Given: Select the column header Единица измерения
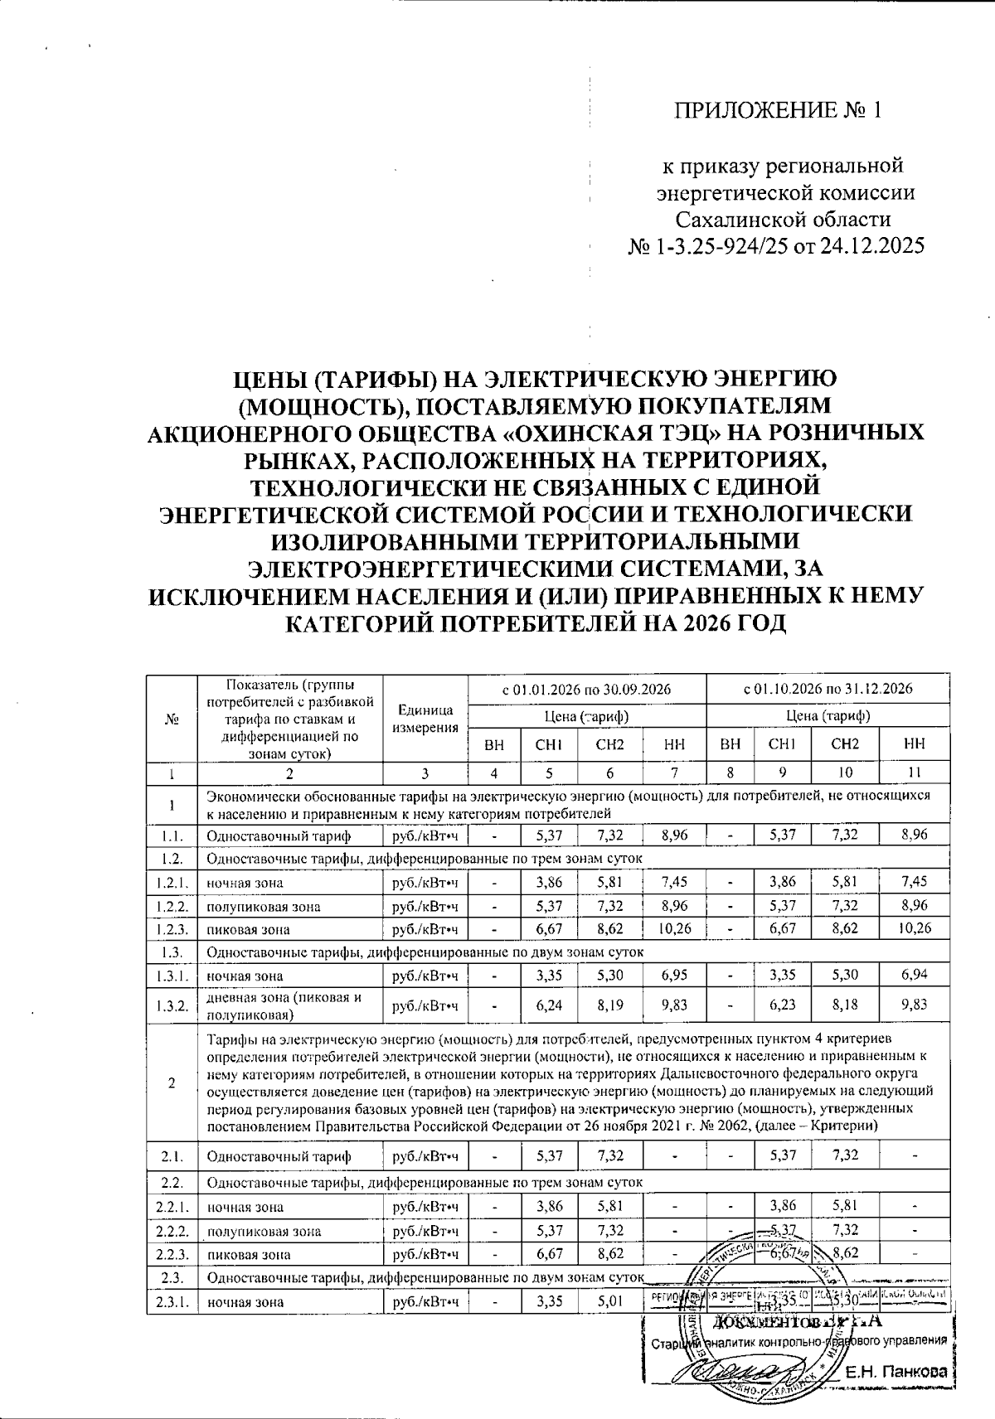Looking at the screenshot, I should click(425, 719).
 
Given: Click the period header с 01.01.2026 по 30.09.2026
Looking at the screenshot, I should click(586, 690).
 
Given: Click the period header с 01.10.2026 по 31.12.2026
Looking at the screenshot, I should click(828, 690).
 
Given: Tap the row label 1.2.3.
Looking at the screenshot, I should click(172, 929).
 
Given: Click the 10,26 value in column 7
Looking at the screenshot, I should click(674, 929).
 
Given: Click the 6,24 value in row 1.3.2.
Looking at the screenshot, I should click(550, 1005).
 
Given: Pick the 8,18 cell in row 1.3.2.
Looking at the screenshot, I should click(844, 1005).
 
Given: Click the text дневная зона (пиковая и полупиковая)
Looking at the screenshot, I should click(284, 1005).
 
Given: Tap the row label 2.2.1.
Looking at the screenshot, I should click(172, 1207).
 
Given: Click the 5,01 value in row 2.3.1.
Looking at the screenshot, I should click(609, 1302).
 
